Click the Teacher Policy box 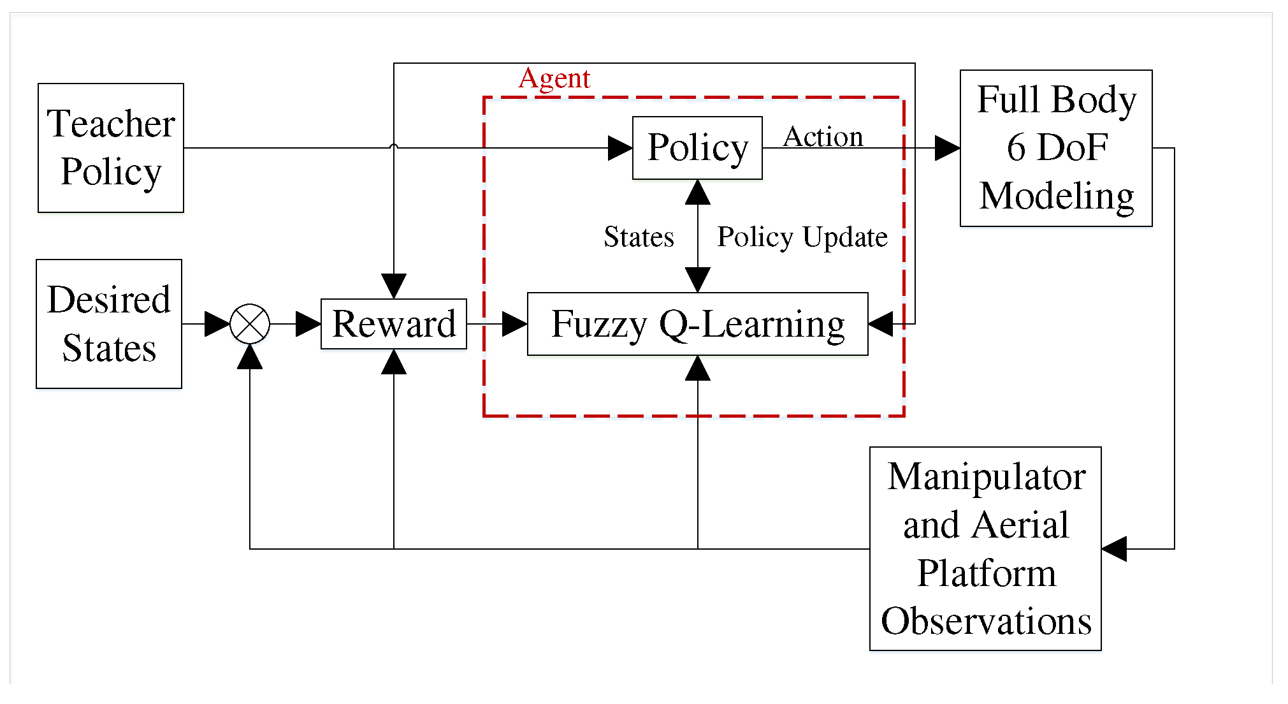[x=111, y=148]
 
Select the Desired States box [x=109, y=324]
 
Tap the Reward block [x=394, y=324]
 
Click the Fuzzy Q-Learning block [x=697, y=324]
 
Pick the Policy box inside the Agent [x=697, y=148]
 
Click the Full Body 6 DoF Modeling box [x=1056, y=148]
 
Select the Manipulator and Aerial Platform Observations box [x=985, y=548]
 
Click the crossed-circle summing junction [x=250, y=324]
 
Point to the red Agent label [x=554, y=78]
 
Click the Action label [x=823, y=136]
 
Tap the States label [x=639, y=237]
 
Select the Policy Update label [x=802, y=237]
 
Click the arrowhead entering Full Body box [x=948, y=148]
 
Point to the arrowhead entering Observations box [x=1114, y=548]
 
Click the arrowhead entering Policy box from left [x=620, y=148]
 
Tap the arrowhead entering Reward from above [x=394, y=286]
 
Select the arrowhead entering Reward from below [x=394, y=362]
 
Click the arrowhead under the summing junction [x=250, y=356]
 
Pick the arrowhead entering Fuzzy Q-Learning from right [x=881, y=324]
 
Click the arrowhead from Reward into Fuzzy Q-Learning [x=515, y=324]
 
